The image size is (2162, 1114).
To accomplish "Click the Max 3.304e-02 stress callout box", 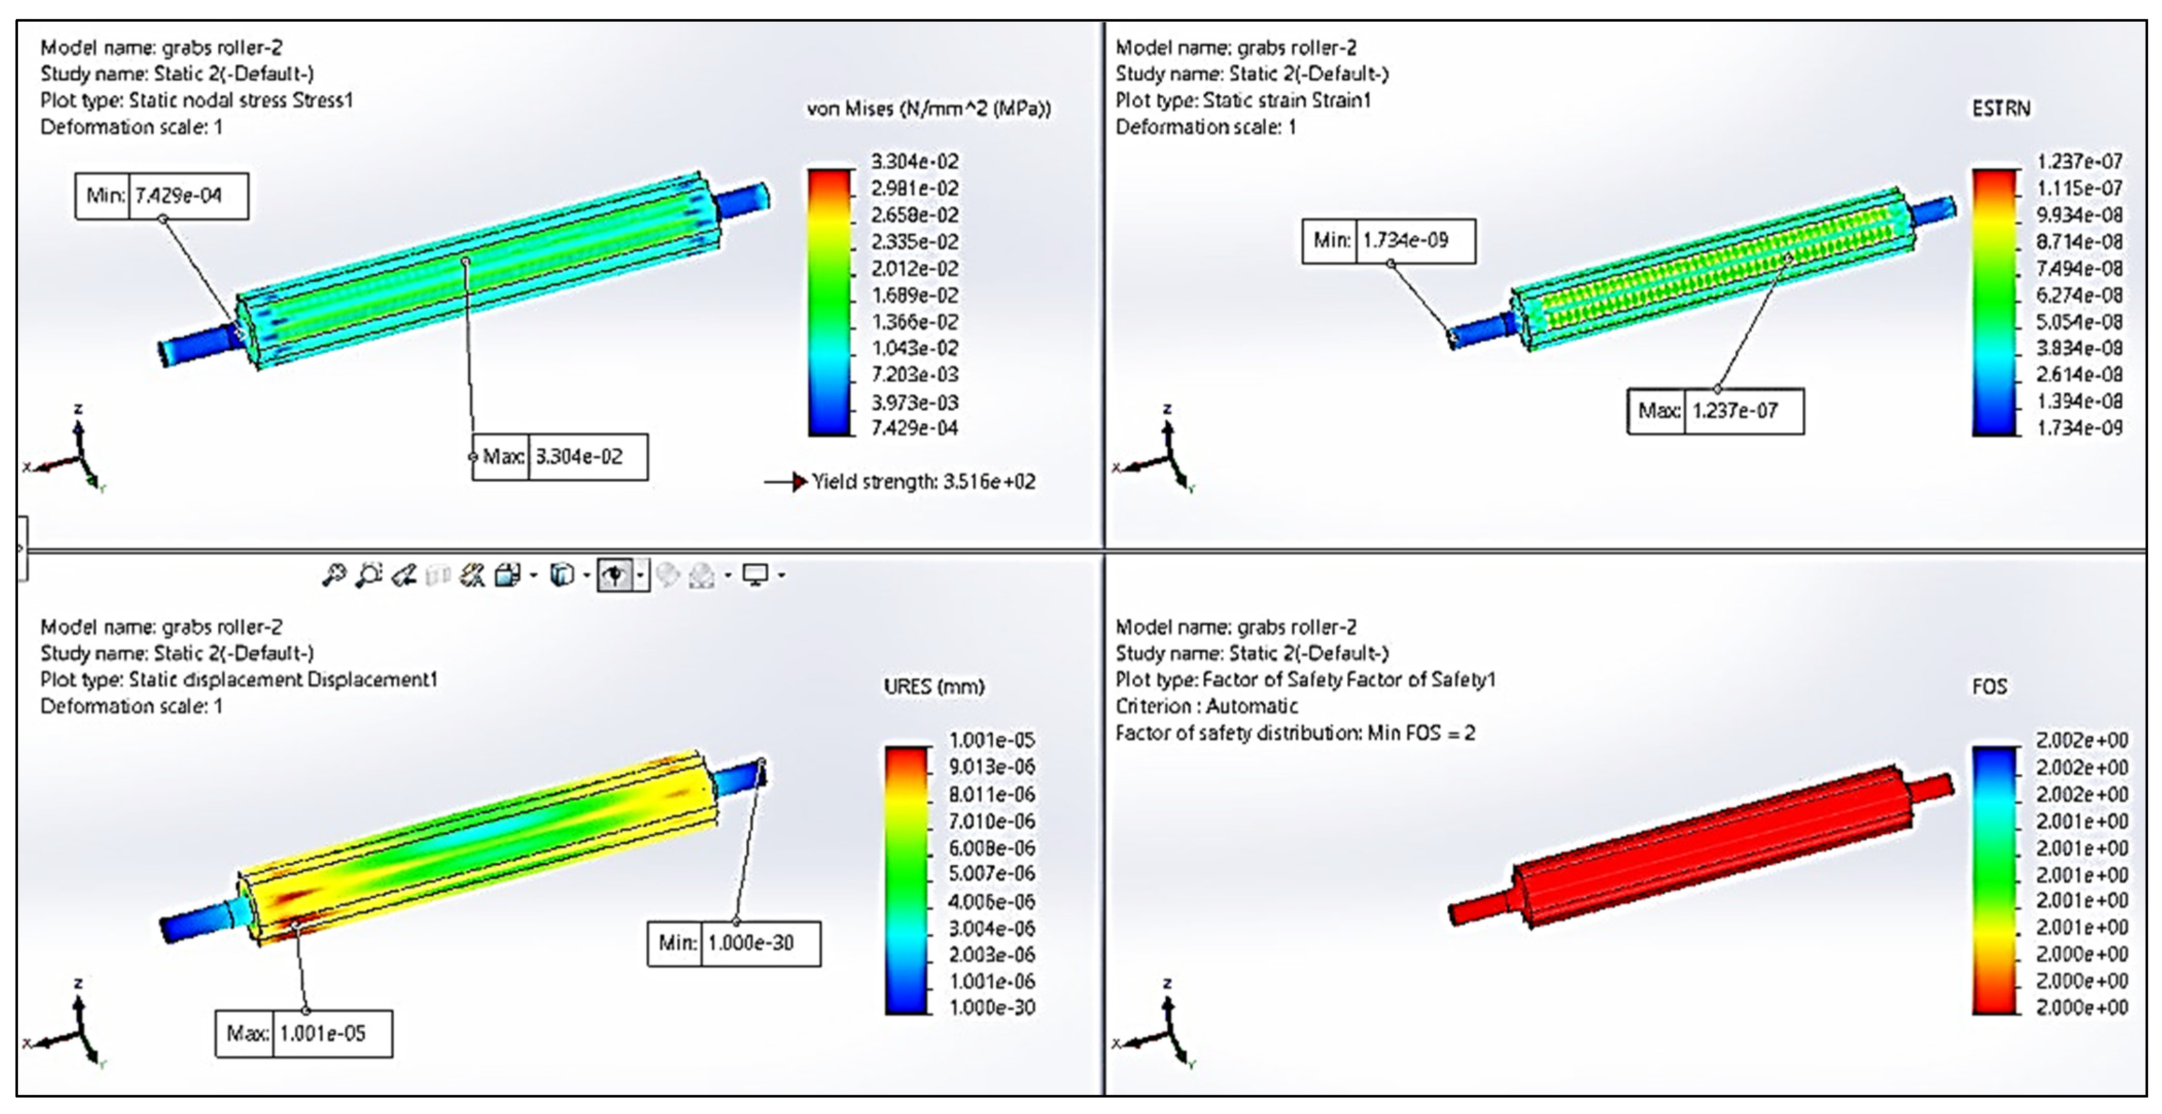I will click(560, 457).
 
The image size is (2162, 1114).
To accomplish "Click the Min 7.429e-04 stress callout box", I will click(162, 196).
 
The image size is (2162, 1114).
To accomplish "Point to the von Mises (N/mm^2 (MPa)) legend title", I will click(928, 109).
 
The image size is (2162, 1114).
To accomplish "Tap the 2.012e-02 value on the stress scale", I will click(914, 269).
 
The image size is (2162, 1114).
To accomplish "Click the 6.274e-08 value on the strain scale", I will click(2079, 295).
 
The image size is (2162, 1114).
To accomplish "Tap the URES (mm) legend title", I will click(933, 687).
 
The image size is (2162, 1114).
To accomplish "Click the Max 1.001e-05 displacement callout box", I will click(304, 1033).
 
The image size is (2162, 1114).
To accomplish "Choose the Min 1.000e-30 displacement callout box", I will click(733, 944).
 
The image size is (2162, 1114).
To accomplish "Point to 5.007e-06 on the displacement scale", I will click(991, 874).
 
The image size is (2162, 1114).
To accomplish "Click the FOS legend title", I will click(1989, 687).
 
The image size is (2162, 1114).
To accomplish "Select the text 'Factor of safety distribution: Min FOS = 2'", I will click(1294, 733).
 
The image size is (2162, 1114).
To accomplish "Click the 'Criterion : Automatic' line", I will click(1206, 706).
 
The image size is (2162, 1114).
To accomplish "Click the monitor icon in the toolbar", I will click(755, 575).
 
